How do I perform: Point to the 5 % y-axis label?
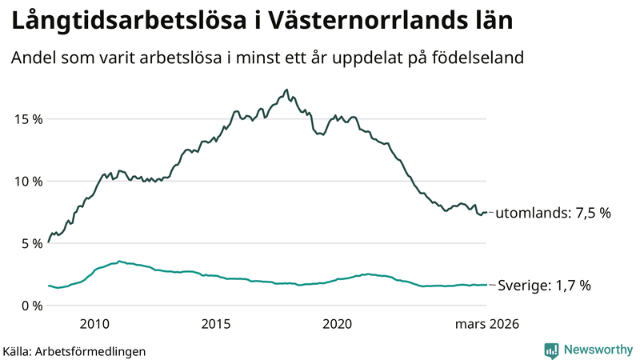tap(29, 243)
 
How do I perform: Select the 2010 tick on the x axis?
tap(94, 324)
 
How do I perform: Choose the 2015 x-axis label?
tap(216, 324)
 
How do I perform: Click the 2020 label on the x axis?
tap(337, 324)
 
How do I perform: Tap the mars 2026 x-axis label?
tap(487, 324)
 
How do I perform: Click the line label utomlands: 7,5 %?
tap(553, 214)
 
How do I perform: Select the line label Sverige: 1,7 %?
tap(544, 286)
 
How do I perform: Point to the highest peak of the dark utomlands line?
tap(286, 90)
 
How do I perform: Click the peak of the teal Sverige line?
tap(119, 261)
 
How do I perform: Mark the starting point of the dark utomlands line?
tap(49, 241)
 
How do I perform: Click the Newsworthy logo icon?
tap(551, 350)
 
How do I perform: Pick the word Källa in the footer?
tap(17, 351)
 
